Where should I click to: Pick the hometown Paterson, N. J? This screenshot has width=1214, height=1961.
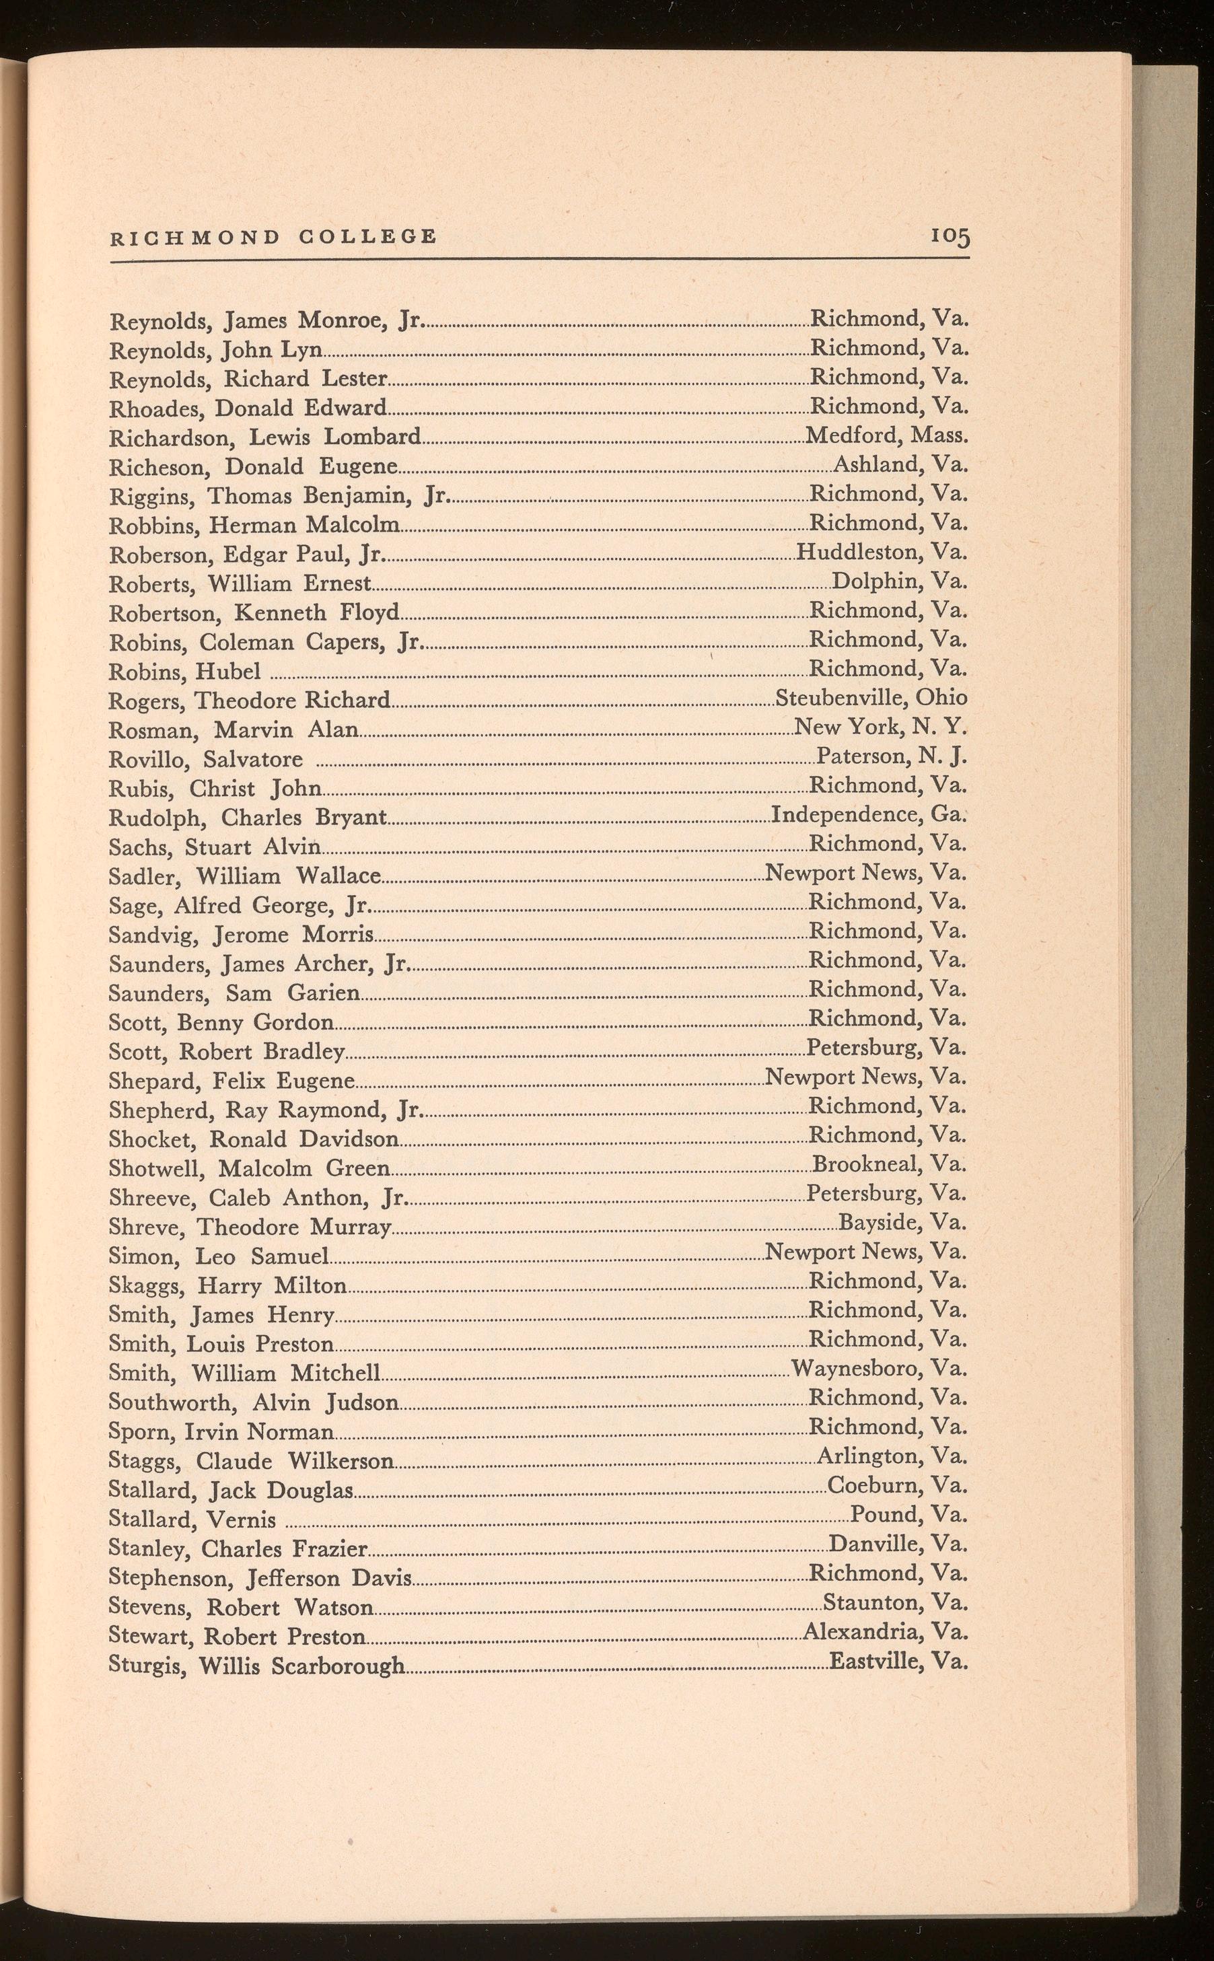(x=891, y=756)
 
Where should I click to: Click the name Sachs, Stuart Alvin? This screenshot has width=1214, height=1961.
(x=215, y=847)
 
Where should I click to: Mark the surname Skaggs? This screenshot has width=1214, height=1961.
(x=148, y=1286)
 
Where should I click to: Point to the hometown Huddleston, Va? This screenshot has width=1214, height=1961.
(x=882, y=552)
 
